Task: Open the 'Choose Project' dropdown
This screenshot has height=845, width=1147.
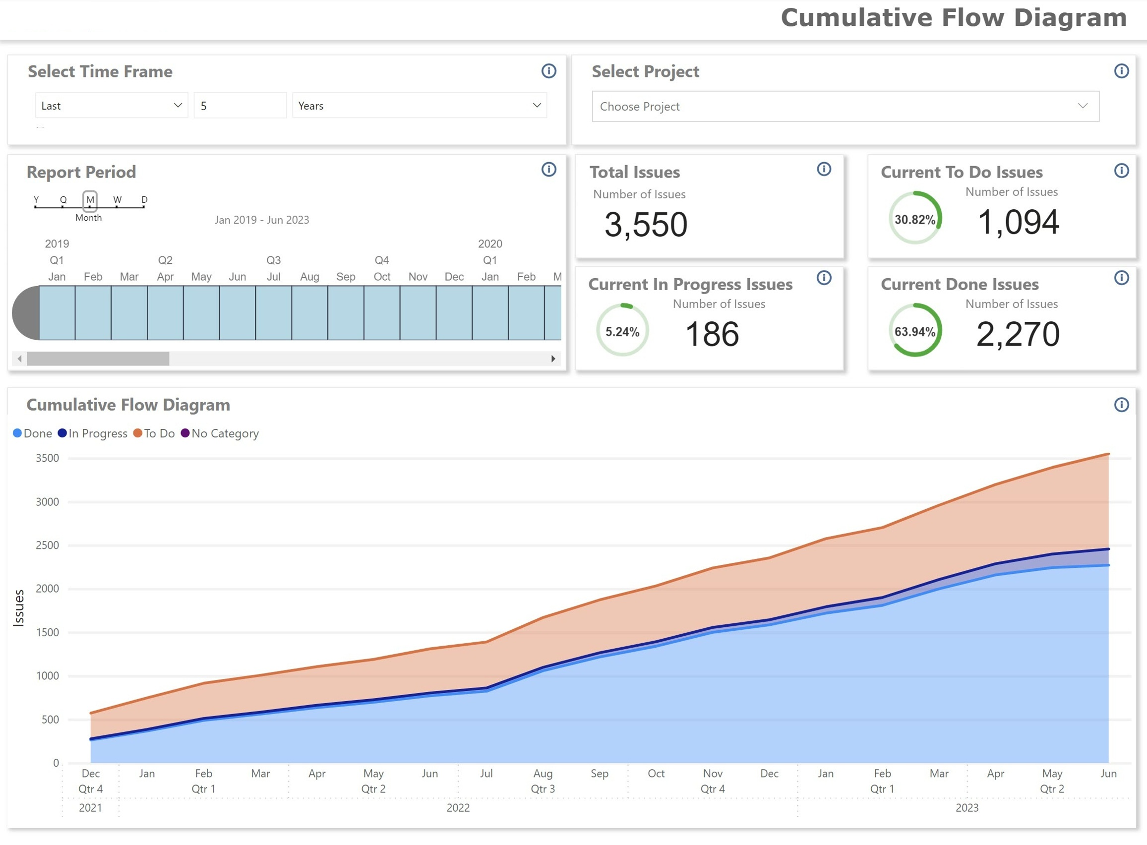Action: [845, 107]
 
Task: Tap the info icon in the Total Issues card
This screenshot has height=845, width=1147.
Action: [823, 169]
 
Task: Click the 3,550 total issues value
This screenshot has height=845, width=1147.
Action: [645, 225]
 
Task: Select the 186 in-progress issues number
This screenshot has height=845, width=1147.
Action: [712, 334]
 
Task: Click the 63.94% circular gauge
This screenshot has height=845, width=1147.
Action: [915, 330]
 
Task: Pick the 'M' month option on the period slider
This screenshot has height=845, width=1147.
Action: [90, 200]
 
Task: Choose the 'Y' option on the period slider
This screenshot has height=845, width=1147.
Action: [36, 200]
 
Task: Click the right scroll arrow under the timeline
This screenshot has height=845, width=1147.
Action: [553, 359]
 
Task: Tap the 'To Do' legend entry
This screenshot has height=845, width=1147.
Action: [154, 433]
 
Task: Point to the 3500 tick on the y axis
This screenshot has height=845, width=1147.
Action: [48, 458]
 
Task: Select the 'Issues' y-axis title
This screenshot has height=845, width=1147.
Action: [18, 607]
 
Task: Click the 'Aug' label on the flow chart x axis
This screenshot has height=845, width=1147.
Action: [543, 774]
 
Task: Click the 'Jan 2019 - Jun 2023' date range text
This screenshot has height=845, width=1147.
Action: [262, 220]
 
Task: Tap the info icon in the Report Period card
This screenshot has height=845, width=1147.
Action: [548, 169]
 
